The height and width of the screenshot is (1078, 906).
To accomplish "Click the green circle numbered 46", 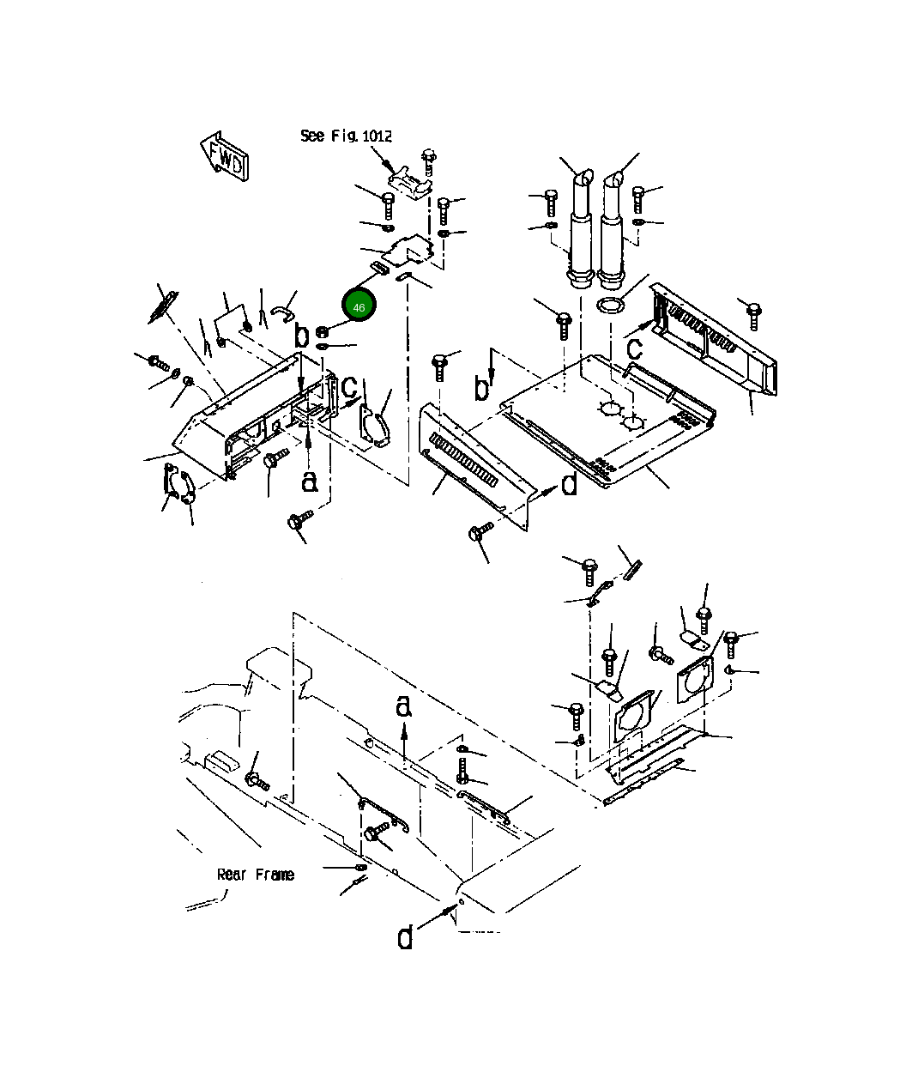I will click(359, 306).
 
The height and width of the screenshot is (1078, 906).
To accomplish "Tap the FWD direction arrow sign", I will click(226, 156).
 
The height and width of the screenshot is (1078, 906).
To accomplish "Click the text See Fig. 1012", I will click(346, 136).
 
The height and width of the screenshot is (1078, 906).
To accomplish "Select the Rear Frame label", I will click(255, 875).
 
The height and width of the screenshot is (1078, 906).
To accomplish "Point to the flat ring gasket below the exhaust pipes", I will click(610, 306).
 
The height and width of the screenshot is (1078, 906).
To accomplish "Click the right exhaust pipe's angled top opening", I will click(614, 181).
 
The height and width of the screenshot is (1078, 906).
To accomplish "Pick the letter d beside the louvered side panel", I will click(569, 486).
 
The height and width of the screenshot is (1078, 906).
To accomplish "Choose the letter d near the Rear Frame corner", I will click(405, 937).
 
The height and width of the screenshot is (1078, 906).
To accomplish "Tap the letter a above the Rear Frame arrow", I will click(404, 706).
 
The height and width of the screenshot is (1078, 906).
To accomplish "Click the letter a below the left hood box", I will click(310, 482).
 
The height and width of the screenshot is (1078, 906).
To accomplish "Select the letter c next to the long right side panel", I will click(634, 348).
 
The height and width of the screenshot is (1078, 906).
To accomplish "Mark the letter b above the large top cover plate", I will click(482, 389).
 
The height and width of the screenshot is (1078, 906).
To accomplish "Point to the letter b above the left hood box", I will click(301, 336).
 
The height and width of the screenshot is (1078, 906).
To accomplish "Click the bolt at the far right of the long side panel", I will click(753, 314).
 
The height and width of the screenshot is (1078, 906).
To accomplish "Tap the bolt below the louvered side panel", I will click(480, 532).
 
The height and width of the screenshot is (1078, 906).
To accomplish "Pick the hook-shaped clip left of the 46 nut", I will click(281, 314).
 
